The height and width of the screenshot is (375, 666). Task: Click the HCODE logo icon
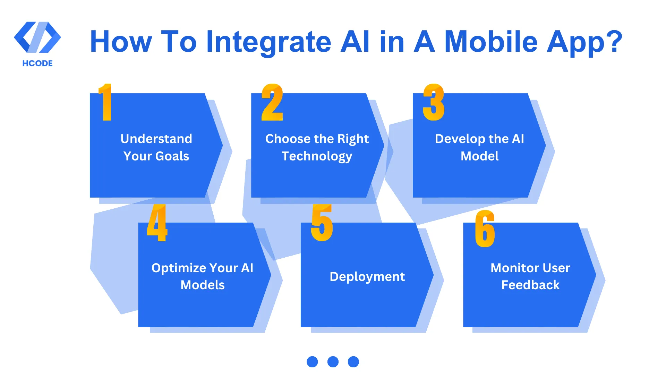(37, 37)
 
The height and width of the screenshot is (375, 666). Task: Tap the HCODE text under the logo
(37, 64)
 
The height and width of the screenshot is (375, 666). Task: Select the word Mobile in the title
(490, 42)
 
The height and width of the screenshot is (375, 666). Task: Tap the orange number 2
(272, 102)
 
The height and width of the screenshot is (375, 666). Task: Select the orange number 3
(434, 102)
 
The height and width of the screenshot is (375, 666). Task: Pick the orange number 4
(157, 223)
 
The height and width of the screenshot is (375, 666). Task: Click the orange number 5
(322, 223)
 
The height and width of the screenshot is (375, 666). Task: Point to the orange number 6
(485, 229)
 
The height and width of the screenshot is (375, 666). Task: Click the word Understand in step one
(156, 139)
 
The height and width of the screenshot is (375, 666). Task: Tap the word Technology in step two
(317, 156)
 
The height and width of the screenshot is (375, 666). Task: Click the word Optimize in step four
(179, 268)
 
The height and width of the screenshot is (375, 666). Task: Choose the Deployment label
(367, 277)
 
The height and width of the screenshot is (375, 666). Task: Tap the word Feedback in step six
(530, 285)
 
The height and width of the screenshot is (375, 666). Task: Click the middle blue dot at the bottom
(333, 362)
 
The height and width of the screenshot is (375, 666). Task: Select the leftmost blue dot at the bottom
(312, 362)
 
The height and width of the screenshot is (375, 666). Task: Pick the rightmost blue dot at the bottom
(353, 362)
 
